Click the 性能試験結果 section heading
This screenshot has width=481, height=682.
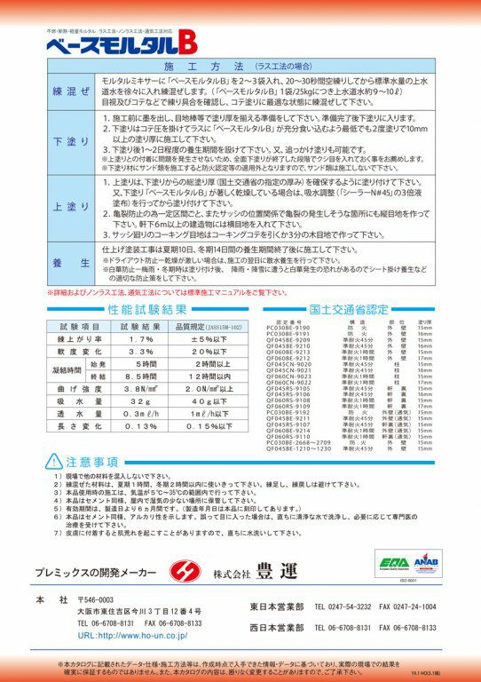pyautogui.click(x=147, y=310)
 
